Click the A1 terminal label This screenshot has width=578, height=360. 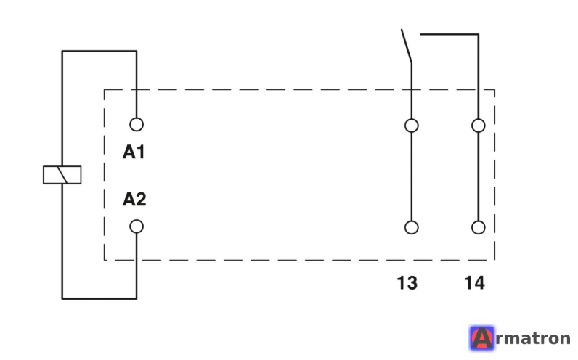(134, 152)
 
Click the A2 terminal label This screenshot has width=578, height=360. (134, 199)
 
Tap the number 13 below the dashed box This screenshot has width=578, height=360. (407, 283)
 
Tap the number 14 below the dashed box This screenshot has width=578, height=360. (474, 283)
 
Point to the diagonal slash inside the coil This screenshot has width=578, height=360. (62, 175)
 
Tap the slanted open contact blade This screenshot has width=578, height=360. (406, 46)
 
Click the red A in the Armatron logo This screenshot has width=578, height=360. (482, 338)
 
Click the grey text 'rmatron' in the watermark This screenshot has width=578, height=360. (533, 339)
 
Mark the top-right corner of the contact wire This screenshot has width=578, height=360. (478, 35)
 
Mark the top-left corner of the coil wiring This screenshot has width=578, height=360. (62, 52)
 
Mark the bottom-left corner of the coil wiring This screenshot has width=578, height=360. (62, 298)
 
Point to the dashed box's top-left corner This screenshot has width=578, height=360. (105, 89)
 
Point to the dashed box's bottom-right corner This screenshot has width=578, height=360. (494, 260)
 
